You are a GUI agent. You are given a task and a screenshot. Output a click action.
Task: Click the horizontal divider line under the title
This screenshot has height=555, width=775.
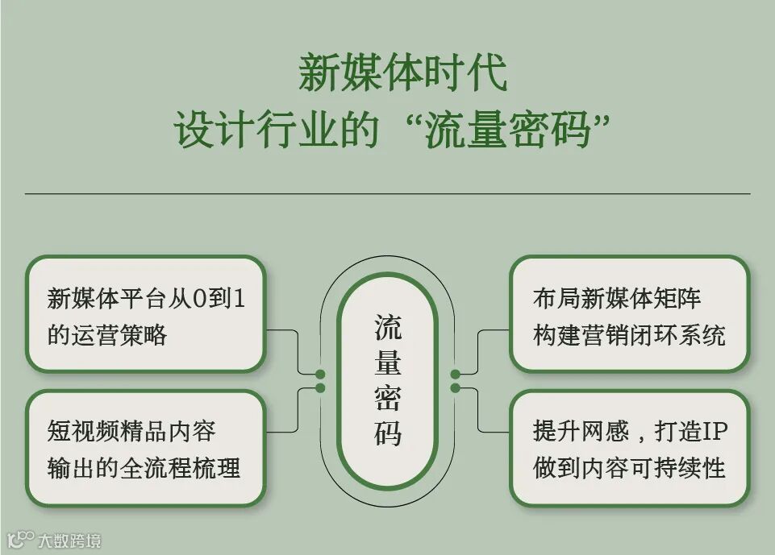(x=387, y=193)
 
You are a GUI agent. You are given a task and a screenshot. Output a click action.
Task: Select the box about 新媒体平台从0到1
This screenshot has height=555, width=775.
(x=145, y=314)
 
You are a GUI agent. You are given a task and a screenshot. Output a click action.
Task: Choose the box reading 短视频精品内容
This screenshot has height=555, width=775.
(x=145, y=449)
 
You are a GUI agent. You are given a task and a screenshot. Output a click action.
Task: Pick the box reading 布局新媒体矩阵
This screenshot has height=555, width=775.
(x=629, y=314)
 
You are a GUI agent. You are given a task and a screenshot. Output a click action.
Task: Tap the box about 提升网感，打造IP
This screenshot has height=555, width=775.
(x=629, y=449)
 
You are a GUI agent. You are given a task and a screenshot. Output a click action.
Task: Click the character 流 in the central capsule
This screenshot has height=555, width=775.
(x=387, y=328)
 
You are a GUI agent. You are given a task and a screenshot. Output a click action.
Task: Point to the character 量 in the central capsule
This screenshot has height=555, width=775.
(x=387, y=363)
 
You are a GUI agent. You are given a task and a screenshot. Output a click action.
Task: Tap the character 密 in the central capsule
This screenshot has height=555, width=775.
(x=387, y=399)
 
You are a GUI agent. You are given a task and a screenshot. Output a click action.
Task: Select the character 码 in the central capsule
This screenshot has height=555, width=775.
(x=387, y=434)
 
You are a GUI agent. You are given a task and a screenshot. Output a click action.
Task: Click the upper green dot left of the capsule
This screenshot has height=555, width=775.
(x=320, y=375)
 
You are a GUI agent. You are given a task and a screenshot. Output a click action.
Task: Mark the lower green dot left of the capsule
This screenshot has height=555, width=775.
(x=320, y=388)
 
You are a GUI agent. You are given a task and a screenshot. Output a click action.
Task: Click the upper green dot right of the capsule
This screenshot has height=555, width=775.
(x=455, y=375)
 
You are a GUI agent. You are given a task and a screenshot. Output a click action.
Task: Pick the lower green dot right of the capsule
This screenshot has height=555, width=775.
(x=455, y=388)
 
